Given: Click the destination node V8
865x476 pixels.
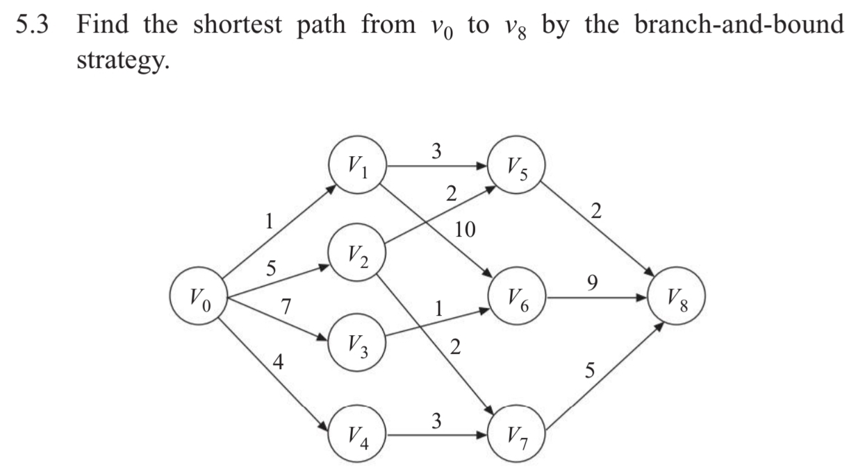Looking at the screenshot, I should tap(676, 299).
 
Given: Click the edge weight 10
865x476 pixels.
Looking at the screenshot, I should tap(465, 230).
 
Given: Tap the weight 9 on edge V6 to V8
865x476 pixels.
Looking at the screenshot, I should tap(591, 282).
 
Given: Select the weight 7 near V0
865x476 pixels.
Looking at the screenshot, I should tap(285, 304).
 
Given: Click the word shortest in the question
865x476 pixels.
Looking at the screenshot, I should tap(240, 26).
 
